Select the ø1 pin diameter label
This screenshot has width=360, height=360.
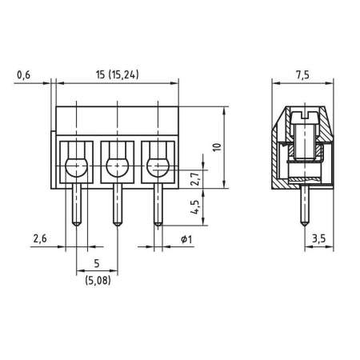(x=185, y=239)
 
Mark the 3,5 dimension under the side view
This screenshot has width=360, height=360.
(x=318, y=239)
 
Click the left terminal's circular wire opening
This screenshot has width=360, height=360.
(x=76, y=166)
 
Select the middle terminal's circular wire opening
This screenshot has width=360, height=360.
(x=117, y=166)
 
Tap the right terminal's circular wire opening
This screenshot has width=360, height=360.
(x=155, y=166)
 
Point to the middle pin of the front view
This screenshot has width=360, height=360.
(x=117, y=204)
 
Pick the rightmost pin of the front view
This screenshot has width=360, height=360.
(x=156, y=204)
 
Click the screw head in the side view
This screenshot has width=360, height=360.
(x=302, y=119)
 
